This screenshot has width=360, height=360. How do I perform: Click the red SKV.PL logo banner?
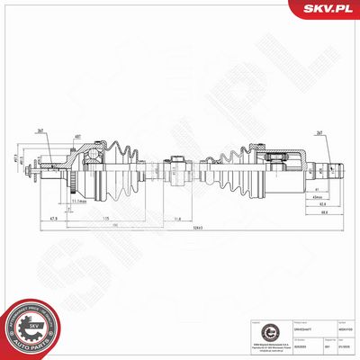[x=325, y=9]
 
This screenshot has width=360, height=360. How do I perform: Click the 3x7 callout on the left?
[x=42, y=131]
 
